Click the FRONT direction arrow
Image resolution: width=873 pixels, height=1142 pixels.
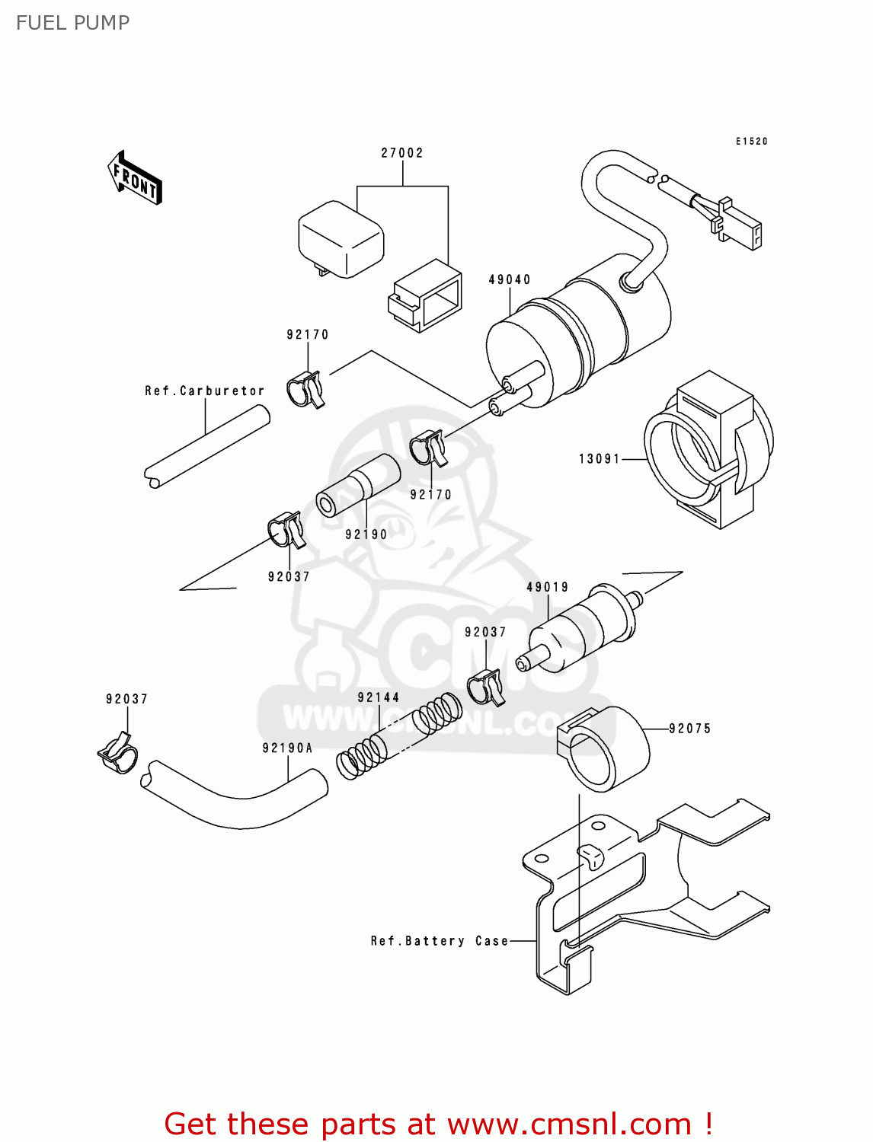click(136, 178)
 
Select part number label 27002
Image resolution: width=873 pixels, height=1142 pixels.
click(402, 153)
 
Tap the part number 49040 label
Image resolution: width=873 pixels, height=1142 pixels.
click(510, 280)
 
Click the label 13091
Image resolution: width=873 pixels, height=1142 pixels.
click(600, 459)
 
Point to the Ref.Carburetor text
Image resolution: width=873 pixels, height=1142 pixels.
click(205, 391)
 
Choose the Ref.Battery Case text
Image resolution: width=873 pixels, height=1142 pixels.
click(440, 942)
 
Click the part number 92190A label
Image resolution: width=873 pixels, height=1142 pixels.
click(288, 748)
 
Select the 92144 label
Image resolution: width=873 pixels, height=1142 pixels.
click(379, 697)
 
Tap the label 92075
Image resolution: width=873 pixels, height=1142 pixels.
click(690, 729)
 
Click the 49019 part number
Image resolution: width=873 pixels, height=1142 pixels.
click(548, 588)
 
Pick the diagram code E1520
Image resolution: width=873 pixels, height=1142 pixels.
click(752, 142)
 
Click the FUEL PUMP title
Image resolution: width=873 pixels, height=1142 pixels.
click(73, 23)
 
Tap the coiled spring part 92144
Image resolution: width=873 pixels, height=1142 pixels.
click(398, 738)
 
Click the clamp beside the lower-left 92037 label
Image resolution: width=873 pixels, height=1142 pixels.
click(118, 753)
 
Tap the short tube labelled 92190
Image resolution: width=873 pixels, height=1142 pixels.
click(358, 485)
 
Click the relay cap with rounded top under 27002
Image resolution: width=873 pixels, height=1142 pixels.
click(341, 238)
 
